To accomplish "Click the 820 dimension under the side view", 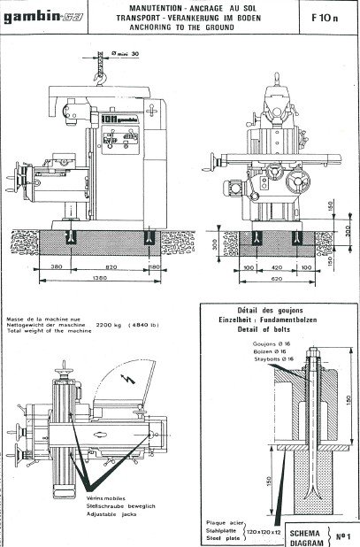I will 109,266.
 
